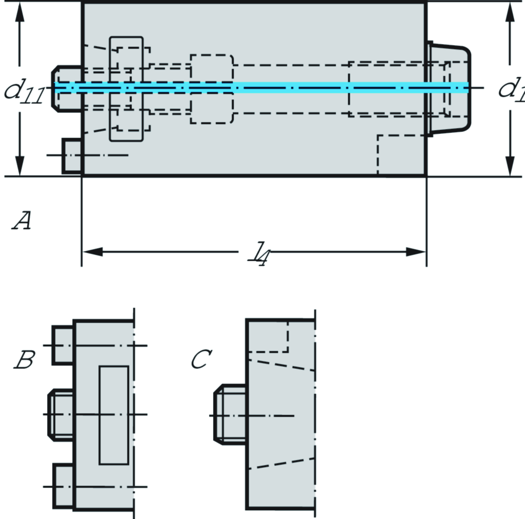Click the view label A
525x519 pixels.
[22, 221]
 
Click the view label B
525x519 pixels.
[24, 361]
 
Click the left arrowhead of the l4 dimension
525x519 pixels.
[92, 252]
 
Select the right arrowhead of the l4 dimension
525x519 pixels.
[416, 252]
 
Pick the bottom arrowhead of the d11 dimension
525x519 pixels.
[19, 166]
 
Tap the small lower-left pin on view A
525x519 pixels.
[72, 155]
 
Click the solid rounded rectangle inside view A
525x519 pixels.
[126, 89]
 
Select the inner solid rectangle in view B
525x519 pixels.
[114, 415]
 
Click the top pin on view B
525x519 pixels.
[64, 345]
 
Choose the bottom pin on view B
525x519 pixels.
[64, 486]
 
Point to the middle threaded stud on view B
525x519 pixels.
[61, 414]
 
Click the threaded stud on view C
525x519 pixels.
[230, 414]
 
